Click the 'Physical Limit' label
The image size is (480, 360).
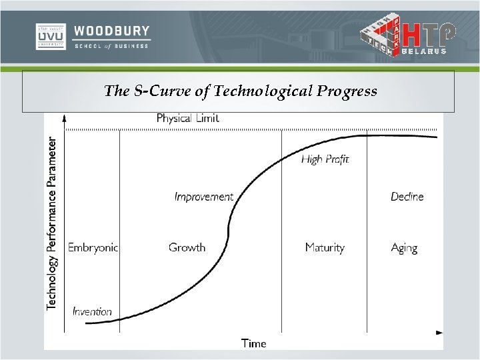pos(187,118)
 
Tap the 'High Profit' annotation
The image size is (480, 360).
pos(325,159)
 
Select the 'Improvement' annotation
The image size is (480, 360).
pos(203,197)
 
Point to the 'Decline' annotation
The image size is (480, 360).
pos(407,197)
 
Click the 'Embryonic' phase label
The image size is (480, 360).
pos(93,247)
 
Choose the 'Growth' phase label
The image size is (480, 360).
pos(187,247)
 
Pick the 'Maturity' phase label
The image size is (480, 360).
pos(325,247)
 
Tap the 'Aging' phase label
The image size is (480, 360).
pos(404,248)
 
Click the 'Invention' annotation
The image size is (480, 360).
pos(92,311)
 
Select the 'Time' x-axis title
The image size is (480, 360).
pos(253,343)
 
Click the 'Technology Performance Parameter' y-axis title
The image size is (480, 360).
pos(52,223)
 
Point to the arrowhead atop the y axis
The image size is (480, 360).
pos(65,117)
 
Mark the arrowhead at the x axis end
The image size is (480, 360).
pos(439,332)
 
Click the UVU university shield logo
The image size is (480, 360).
pos(51,37)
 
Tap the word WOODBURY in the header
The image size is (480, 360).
pos(112,31)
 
